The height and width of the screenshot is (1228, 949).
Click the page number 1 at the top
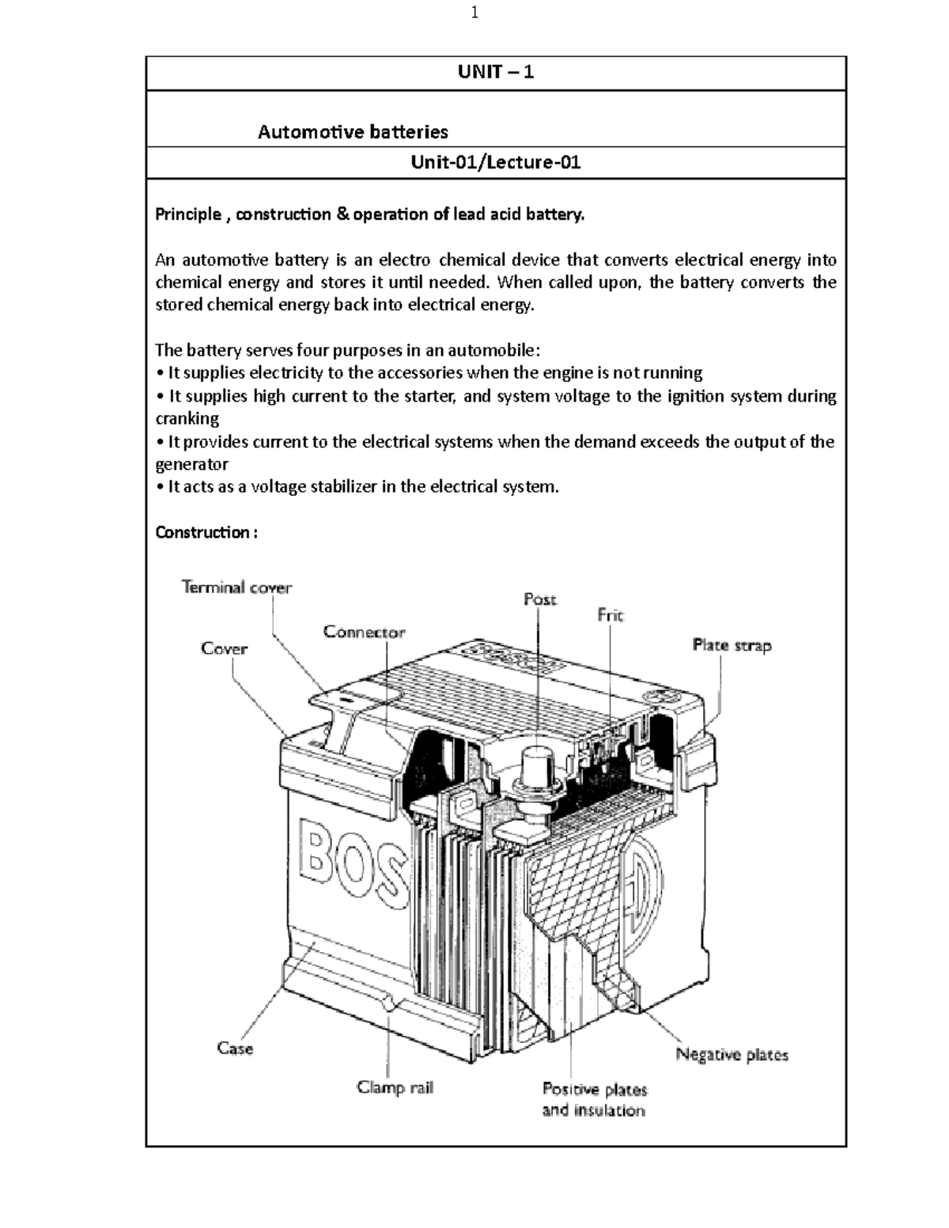[x=475, y=13]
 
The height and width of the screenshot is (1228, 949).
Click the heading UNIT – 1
[x=496, y=73]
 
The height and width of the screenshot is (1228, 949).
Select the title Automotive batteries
[x=353, y=131]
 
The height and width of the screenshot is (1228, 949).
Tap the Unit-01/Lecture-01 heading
[x=496, y=163]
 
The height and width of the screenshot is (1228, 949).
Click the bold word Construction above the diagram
[x=202, y=532]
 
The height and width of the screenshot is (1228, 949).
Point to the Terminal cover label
[x=236, y=588]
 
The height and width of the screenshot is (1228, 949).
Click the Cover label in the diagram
[x=224, y=648]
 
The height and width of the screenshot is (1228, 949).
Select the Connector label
[x=364, y=632]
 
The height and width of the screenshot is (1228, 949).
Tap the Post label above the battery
[x=540, y=599]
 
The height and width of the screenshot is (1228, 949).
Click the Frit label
[x=611, y=615]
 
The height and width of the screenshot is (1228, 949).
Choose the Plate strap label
[x=732, y=645]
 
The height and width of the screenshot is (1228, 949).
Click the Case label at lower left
[x=235, y=1049]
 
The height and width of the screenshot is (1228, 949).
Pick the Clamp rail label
[x=395, y=1087]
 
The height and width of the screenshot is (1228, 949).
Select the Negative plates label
[x=732, y=1054]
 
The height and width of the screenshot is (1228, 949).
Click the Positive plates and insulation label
[x=594, y=1099]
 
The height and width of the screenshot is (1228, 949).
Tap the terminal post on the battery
[x=536, y=766]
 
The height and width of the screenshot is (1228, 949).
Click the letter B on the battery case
[x=323, y=856]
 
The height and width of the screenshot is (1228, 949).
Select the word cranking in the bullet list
[x=187, y=418]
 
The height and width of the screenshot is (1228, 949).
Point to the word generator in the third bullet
[x=191, y=464]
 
